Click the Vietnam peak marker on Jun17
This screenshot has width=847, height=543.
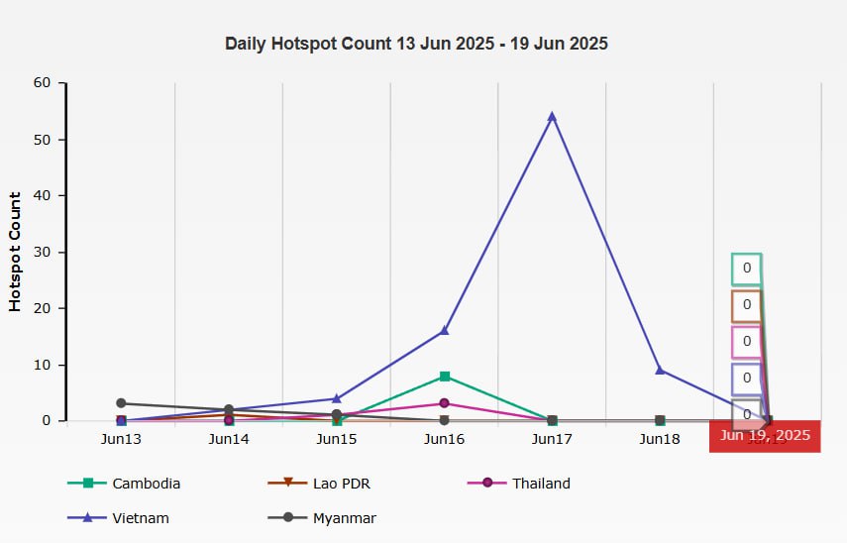[552, 117]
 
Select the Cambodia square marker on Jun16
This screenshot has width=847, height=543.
[445, 377]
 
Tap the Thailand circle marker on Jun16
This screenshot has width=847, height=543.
[445, 403]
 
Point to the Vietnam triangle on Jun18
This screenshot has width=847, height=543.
[660, 371]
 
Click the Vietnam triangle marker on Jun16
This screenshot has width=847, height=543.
[445, 331]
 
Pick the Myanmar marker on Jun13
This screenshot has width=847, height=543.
[121, 403]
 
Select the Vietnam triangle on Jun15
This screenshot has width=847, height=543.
[337, 398]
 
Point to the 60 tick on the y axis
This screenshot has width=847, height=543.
[41, 83]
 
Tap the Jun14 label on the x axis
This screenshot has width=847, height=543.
[229, 438]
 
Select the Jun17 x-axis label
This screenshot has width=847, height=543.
[552, 438]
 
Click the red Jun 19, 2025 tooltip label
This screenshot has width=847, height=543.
[765, 435]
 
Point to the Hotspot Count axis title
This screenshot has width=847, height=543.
[15, 252]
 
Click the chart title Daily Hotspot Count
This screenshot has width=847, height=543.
[416, 44]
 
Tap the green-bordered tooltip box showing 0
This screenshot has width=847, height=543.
[747, 269]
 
